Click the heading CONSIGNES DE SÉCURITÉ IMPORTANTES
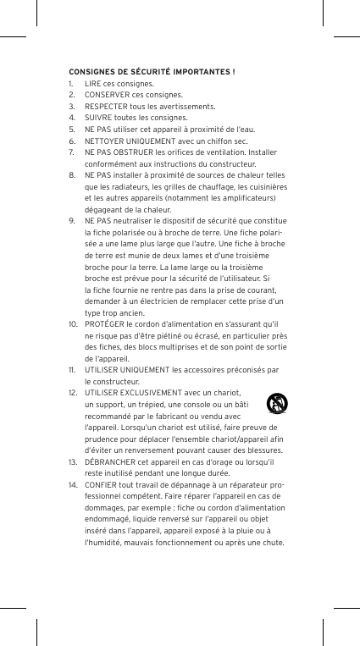pyautogui.click(x=152, y=71)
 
